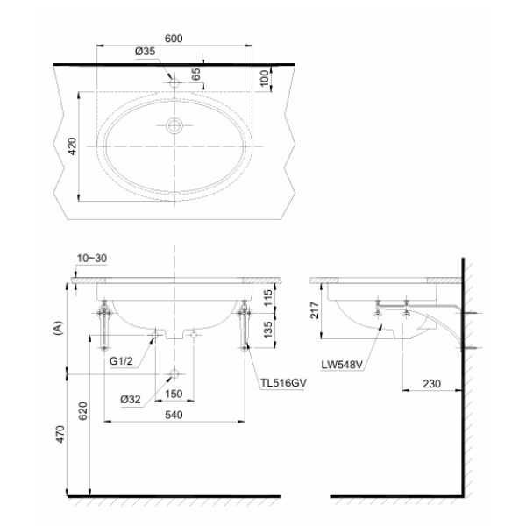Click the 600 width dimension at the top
click(174, 39)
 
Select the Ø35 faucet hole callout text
click(146, 52)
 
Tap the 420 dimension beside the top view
click(72, 146)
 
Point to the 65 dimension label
click(196, 75)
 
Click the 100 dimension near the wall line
click(265, 78)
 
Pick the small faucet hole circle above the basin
click(174, 82)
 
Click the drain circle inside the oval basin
click(174, 125)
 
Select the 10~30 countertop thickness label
click(92, 259)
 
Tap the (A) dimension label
click(59, 328)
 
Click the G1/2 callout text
click(121, 361)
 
